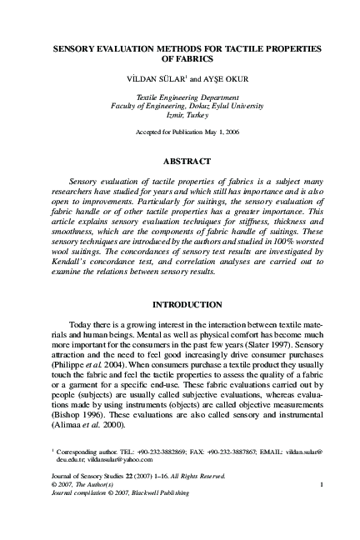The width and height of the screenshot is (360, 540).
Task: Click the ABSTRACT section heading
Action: click(180, 159)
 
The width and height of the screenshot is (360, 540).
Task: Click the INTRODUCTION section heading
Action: click(180, 304)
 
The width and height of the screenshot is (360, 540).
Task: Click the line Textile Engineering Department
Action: click(180, 97)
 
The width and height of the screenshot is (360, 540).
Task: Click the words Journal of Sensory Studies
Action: click(76, 475)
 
